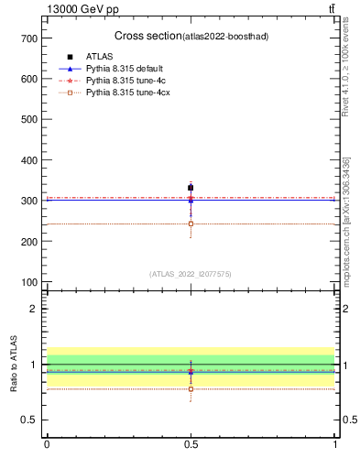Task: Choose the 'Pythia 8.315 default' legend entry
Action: (124, 69)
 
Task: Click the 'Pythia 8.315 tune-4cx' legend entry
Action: (125, 93)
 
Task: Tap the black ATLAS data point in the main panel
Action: (191, 188)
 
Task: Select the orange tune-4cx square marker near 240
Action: (191, 224)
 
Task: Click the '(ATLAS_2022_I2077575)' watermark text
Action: (191, 273)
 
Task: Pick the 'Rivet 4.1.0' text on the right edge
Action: (349, 100)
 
